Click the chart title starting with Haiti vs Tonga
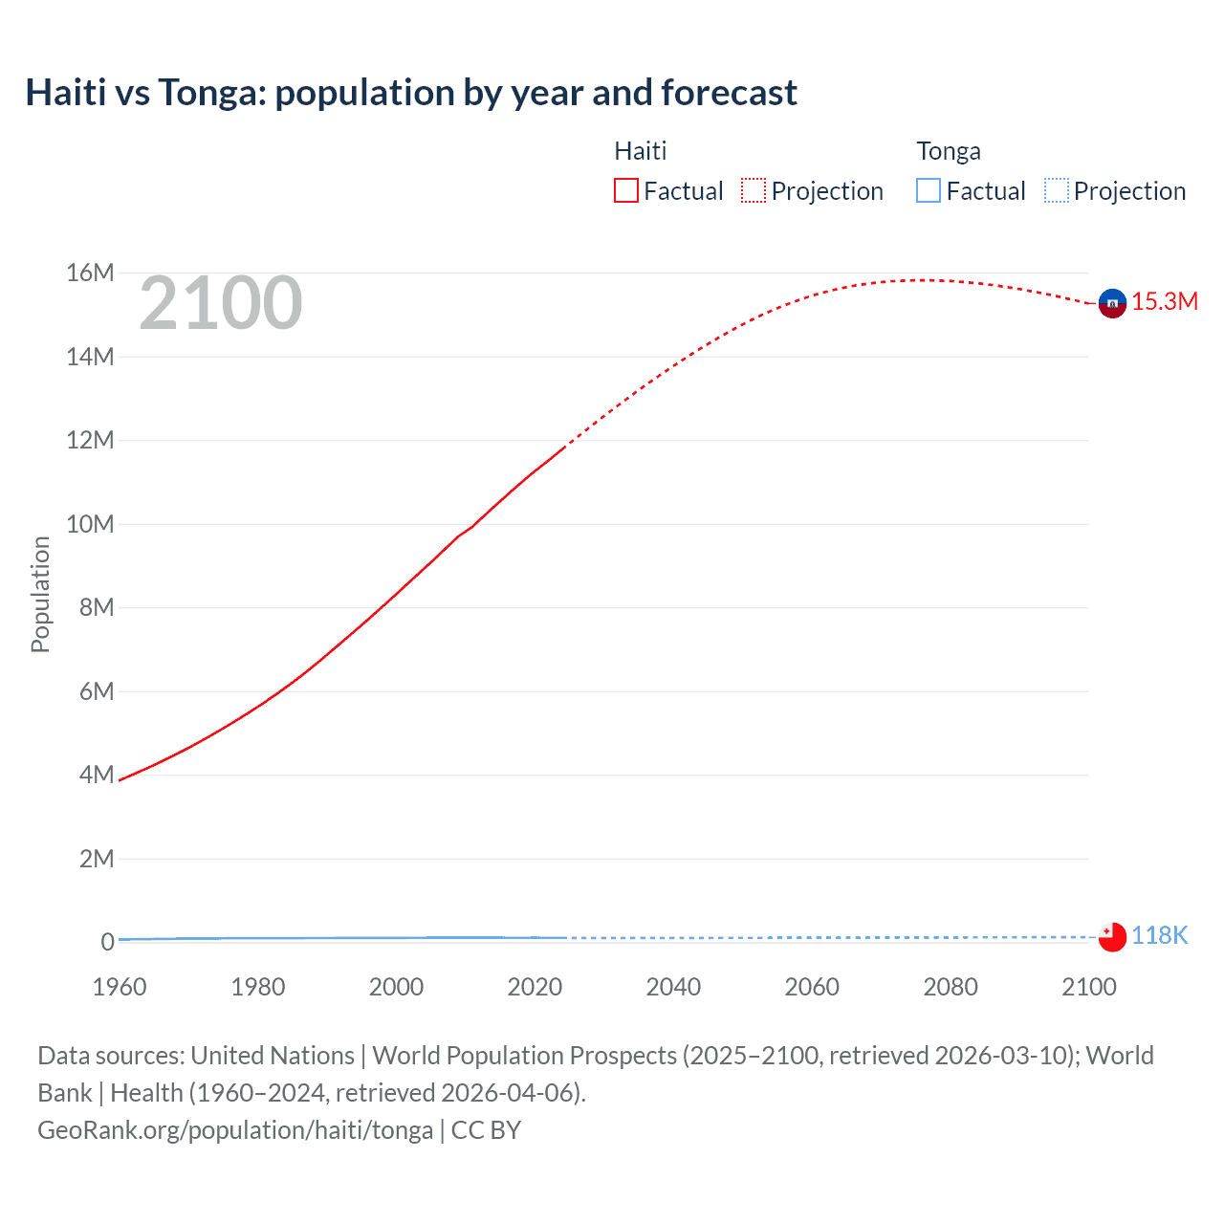coord(411,93)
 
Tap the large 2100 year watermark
coord(221,303)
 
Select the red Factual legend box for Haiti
coord(625,190)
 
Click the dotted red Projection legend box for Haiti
coord(754,190)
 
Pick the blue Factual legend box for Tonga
coord(928,190)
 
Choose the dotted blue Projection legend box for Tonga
coord(1056,190)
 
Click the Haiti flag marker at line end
coord(1112,303)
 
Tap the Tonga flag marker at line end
coord(1112,936)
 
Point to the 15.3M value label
coord(1165,302)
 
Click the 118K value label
coord(1159,936)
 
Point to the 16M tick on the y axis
coord(90,273)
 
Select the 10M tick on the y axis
coord(90,524)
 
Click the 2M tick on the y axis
coord(97,859)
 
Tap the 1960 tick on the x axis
coord(120,987)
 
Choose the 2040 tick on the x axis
coord(673,987)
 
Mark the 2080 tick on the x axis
coord(951,987)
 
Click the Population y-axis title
coord(40,594)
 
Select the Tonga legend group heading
coord(949,151)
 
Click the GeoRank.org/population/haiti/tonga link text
coord(235,1130)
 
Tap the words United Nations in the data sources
coord(273,1056)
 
